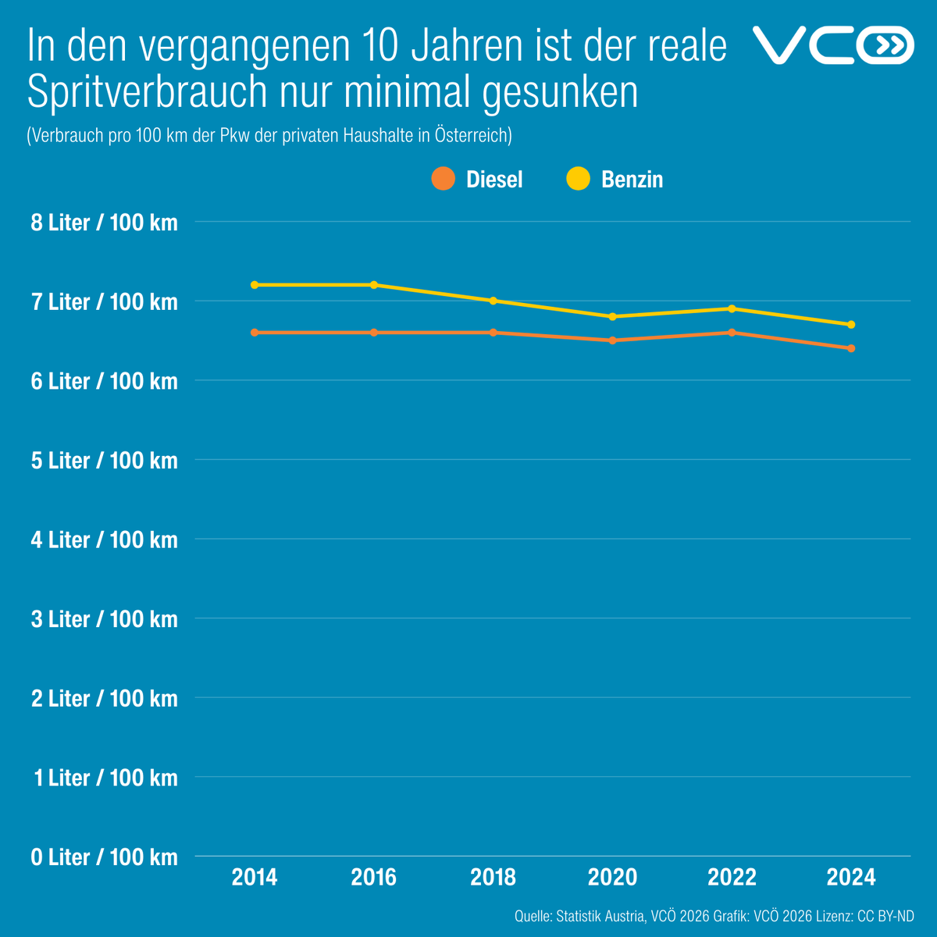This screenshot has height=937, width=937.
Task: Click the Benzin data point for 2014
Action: pyautogui.click(x=255, y=285)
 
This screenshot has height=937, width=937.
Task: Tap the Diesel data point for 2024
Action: pyautogui.click(x=851, y=348)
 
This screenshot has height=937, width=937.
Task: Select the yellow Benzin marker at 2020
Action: pyautogui.click(x=612, y=316)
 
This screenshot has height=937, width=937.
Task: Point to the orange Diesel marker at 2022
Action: pyautogui.click(x=732, y=333)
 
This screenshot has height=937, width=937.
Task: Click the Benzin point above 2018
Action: pyautogui.click(x=493, y=301)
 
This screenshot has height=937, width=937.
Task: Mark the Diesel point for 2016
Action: pyautogui.click(x=374, y=333)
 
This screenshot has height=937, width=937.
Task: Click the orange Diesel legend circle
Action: pyautogui.click(x=443, y=179)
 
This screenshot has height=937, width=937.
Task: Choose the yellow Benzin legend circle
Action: pyautogui.click(x=577, y=179)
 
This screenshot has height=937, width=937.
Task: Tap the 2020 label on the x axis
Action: pyautogui.click(x=612, y=878)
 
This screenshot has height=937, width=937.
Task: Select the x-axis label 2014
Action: pyautogui.click(x=255, y=878)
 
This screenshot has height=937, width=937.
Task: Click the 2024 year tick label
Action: pyautogui.click(x=851, y=878)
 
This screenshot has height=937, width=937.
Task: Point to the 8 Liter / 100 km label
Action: pyautogui.click(x=104, y=223)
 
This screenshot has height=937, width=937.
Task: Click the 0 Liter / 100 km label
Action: pyautogui.click(x=104, y=857)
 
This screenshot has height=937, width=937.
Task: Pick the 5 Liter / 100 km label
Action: pyautogui.click(x=104, y=461)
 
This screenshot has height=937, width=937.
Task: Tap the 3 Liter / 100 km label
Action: pyautogui.click(x=104, y=619)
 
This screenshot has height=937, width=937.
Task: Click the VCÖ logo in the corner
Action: pyautogui.click(x=832, y=45)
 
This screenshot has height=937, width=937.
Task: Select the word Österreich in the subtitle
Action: pyautogui.click(x=472, y=135)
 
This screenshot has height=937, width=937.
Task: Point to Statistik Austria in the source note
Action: pyautogui.click(x=600, y=915)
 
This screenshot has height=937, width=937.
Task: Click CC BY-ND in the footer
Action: pyautogui.click(x=885, y=915)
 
